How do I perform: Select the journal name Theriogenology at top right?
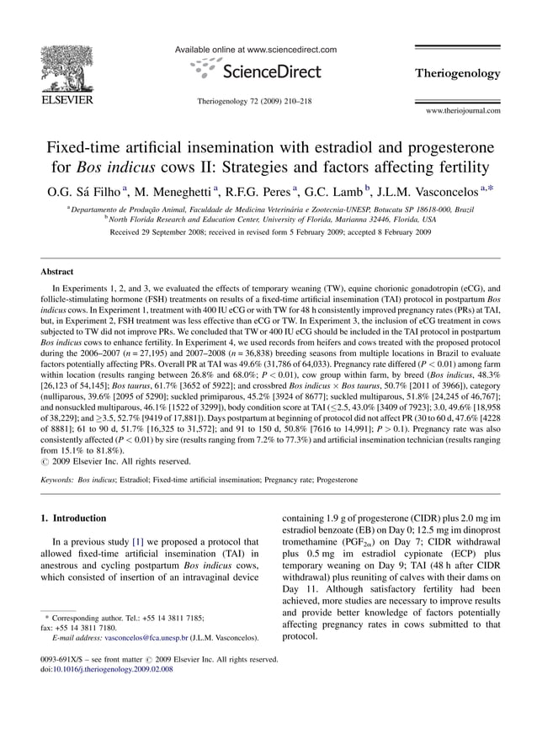click(457, 74)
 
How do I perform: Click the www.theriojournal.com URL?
click(463, 110)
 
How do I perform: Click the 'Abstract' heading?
click(57, 272)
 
